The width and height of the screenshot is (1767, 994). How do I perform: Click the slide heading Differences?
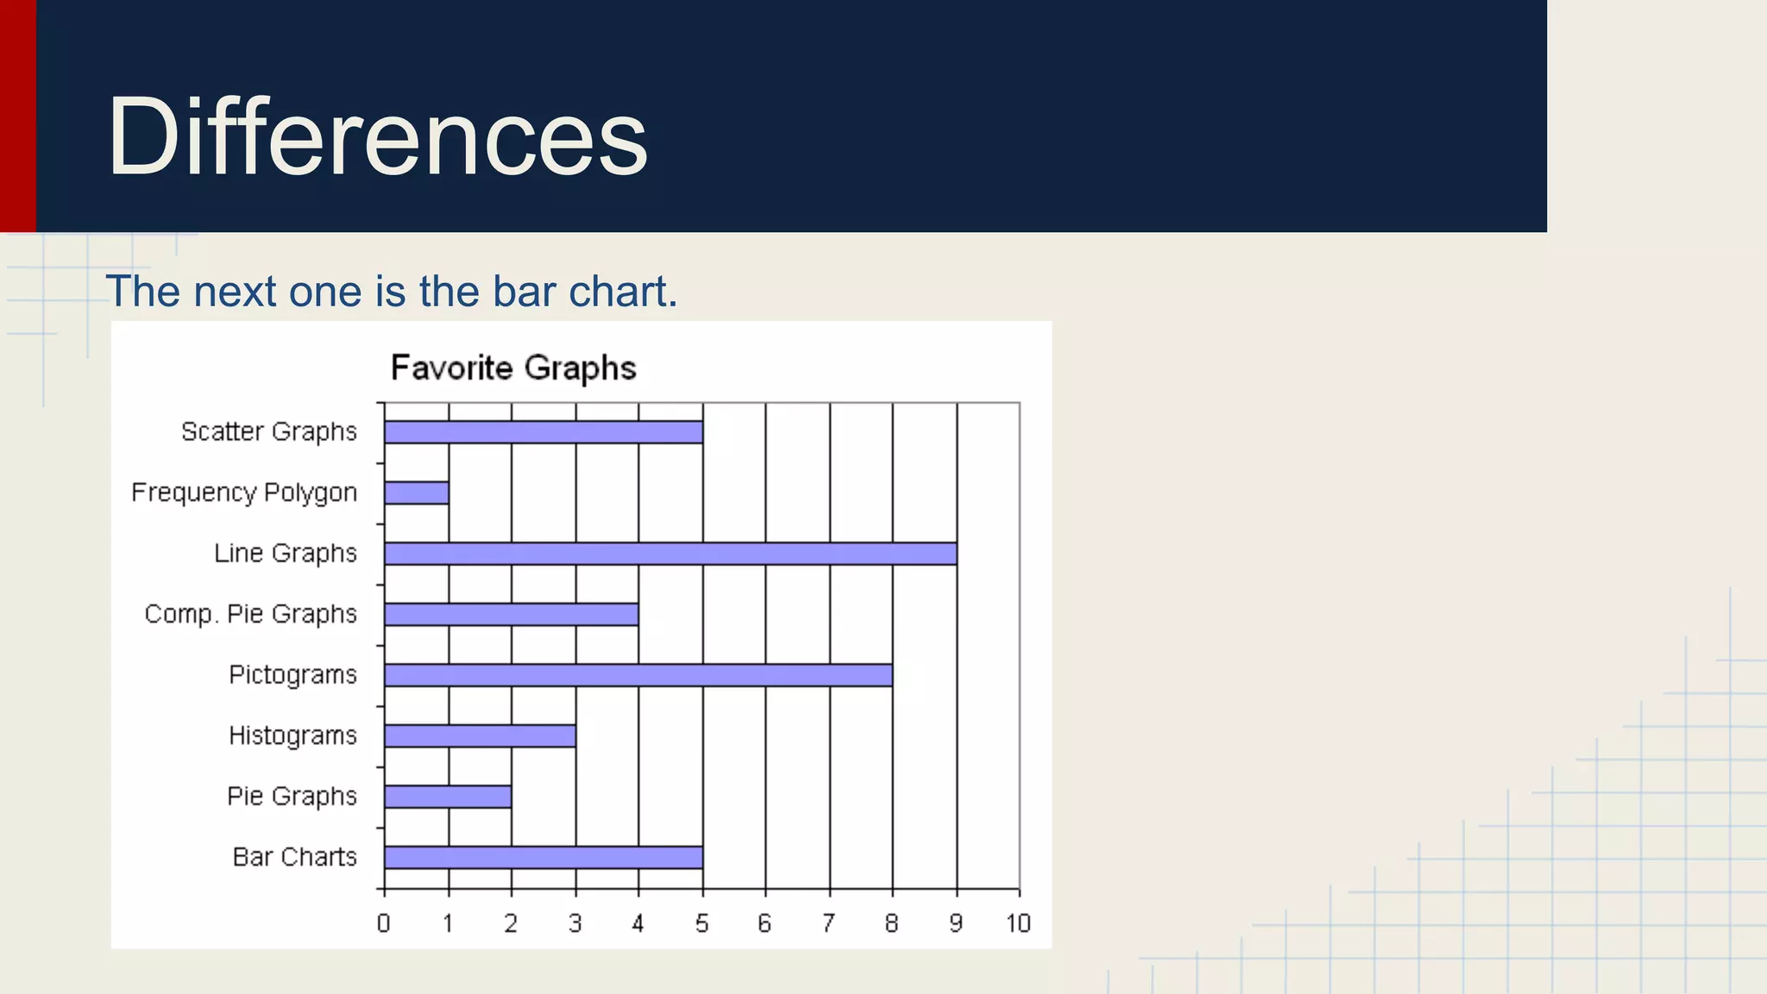point(377,136)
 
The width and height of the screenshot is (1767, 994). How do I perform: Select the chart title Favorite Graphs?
point(513,368)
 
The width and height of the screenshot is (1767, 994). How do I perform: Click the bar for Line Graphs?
point(670,554)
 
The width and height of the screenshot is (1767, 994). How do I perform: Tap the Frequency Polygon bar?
point(417,493)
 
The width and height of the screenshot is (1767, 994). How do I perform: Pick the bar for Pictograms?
point(638,675)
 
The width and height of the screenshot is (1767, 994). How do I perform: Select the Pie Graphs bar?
point(448,796)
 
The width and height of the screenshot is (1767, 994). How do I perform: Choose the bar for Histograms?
point(480,736)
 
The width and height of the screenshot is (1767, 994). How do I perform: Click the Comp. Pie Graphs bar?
point(512,614)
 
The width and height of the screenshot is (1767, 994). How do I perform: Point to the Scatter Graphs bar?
point(544,432)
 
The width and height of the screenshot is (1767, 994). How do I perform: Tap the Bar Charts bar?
point(544,858)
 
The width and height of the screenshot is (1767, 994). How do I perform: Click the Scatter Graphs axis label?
point(268,431)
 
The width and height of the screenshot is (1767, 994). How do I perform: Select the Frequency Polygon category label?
point(244,493)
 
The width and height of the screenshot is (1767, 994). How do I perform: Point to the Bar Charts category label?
point(294,857)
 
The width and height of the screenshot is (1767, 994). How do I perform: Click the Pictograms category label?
point(292,675)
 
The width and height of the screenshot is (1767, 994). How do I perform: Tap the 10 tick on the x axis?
point(1018,924)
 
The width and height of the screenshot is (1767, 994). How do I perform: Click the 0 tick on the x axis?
point(384,924)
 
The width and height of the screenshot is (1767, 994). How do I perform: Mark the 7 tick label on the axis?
point(828,924)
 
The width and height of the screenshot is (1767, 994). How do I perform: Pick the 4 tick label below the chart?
point(638,924)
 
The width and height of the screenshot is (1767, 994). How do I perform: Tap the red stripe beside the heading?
point(17,116)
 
